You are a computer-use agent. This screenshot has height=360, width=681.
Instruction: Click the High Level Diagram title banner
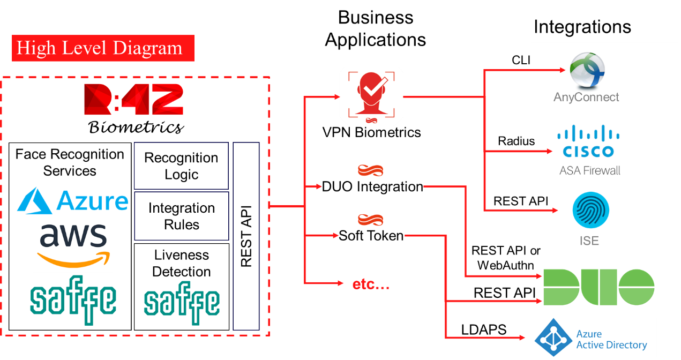pos(103,49)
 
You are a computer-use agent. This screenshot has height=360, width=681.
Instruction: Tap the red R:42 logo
pos(134,100)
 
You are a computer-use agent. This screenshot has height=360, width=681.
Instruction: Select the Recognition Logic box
pos(181,166)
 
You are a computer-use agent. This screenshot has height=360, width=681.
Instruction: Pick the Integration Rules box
pos(181,216)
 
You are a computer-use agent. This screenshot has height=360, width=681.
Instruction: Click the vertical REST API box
pos(246,236)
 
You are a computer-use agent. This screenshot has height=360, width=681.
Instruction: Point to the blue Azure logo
pos(73,200)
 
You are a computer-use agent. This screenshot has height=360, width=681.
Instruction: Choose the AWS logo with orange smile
pos(73,245)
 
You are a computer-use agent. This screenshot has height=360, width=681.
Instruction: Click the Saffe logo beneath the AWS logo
pos(73,302)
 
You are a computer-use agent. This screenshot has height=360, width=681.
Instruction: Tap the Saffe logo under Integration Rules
pos(182,303)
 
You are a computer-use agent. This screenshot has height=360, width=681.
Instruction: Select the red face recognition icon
pos(372,96)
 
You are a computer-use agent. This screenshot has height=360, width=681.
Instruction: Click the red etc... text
pos(371,284)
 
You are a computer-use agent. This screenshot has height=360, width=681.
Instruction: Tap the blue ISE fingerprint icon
pos(590,210)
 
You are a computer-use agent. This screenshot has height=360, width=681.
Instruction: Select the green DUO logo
pos(598,287)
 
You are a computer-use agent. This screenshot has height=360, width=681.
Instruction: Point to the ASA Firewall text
pos(590,171)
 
